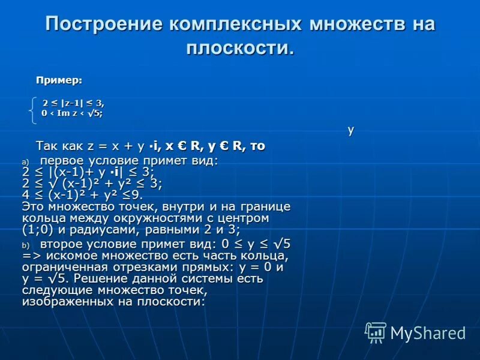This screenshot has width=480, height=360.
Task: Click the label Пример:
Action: coord(59,80)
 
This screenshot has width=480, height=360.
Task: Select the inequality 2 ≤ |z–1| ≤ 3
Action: coord(73,103)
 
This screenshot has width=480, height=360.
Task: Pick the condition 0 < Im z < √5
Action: coord(71,113)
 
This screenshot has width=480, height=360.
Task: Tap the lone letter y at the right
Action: coord(350,130)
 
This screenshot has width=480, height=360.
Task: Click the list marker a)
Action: coord(25,162)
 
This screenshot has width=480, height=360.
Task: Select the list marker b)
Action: coord(25,245)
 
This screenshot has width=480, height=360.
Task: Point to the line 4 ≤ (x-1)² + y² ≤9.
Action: coord(83,194)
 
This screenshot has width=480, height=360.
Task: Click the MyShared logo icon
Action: coord(376,332)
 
